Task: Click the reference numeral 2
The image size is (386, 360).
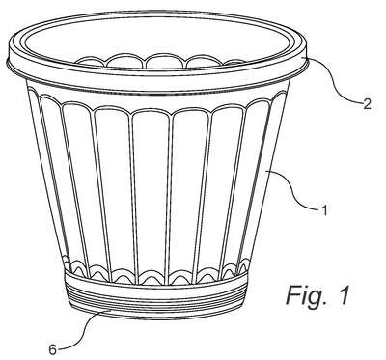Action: point(367,104)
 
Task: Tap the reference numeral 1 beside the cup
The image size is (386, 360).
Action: point(324,211)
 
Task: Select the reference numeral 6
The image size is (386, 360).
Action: point(53,349)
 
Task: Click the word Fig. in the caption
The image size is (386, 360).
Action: point(303,296)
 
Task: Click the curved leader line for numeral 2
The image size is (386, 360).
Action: point(335,80)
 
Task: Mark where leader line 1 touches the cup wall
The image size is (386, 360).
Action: point(268,171)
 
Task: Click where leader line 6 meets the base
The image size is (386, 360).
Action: point(110,310)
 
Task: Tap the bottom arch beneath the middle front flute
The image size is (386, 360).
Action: point(152,276)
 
